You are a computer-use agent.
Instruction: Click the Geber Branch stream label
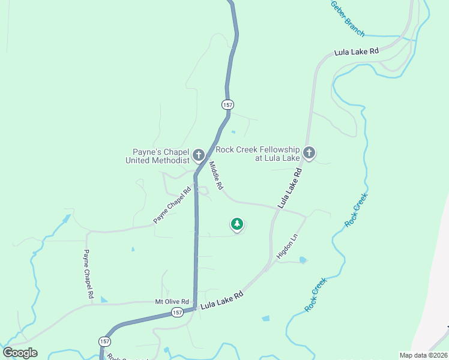[x=347, y=19]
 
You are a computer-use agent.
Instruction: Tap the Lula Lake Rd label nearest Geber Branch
[x=357, y=52]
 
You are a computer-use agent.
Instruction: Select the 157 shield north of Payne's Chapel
[x=227, y=104]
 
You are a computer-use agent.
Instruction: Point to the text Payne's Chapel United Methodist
[x=157, y=156]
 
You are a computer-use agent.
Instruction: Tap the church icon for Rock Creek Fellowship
[x=309, y=153]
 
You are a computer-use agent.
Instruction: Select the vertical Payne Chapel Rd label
[x=89, y=274]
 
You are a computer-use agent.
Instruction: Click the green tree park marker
[x=237, y=224]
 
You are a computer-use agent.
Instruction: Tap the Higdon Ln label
[x=287, y=247]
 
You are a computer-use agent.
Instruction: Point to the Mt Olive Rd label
[x=172, y=301]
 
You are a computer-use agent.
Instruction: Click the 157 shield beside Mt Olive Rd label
[x=177, y=312]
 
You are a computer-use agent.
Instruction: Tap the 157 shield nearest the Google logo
[x=105, y=341]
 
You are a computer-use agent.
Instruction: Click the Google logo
[x=20, y=353]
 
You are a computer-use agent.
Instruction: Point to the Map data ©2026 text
[x=423, y=355]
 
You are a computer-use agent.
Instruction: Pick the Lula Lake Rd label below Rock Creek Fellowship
[x=289, y=188]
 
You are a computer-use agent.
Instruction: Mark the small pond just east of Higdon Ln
[x=303, y=260]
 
